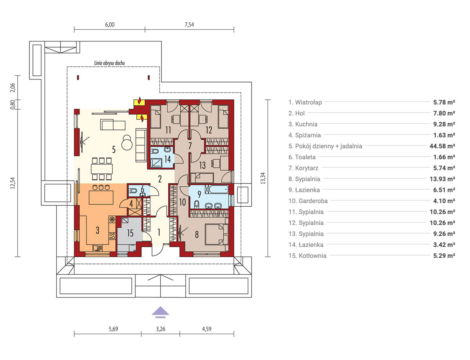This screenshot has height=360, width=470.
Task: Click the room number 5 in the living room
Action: pos(114,149)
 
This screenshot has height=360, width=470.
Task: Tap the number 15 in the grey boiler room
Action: pos(130,233)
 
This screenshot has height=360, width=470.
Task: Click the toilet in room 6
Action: pos(132,191)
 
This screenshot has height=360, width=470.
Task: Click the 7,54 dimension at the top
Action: pos(189,25)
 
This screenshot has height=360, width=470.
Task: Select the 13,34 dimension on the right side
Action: pos(263,178)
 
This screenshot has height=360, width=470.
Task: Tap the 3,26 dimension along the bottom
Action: pos(161,329)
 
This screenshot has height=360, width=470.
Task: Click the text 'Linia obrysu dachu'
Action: pos(109,63)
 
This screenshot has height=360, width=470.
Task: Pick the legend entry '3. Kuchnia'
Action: pos(303,124)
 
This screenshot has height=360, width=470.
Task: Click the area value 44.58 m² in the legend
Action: pos(442,146)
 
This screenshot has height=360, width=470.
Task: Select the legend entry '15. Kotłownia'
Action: pos(307,256)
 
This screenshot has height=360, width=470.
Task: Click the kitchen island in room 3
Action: pos(101,197)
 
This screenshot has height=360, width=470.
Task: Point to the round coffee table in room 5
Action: pos(127,142)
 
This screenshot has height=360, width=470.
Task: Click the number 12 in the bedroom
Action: pos(209,130)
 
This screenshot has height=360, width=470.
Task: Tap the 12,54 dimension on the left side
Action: pos(13,183)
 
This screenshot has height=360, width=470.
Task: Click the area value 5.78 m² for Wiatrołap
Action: pos(444,102)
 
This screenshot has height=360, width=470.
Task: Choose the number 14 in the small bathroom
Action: pos(168,159)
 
